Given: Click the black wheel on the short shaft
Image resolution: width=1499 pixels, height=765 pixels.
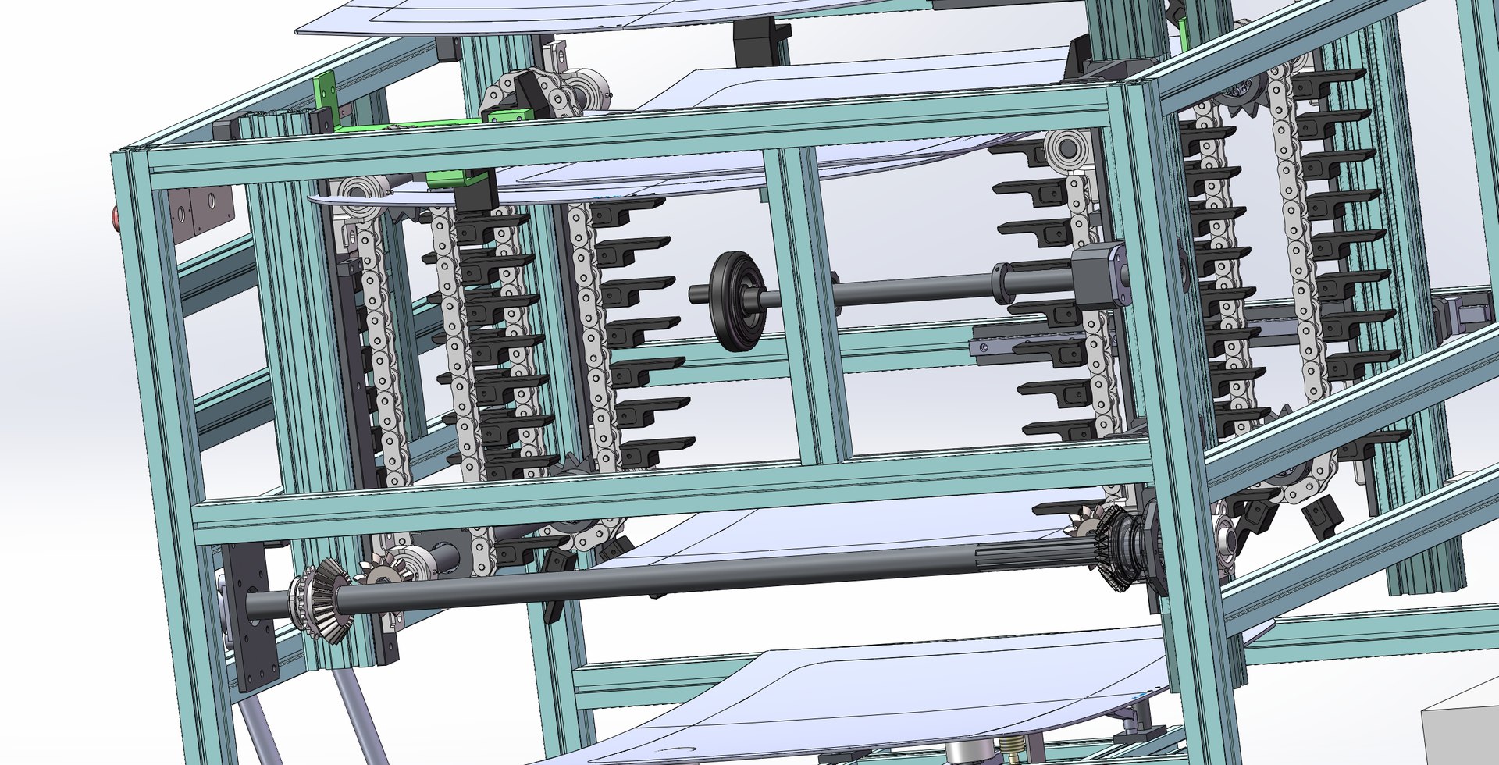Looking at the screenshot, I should (736, 301).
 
